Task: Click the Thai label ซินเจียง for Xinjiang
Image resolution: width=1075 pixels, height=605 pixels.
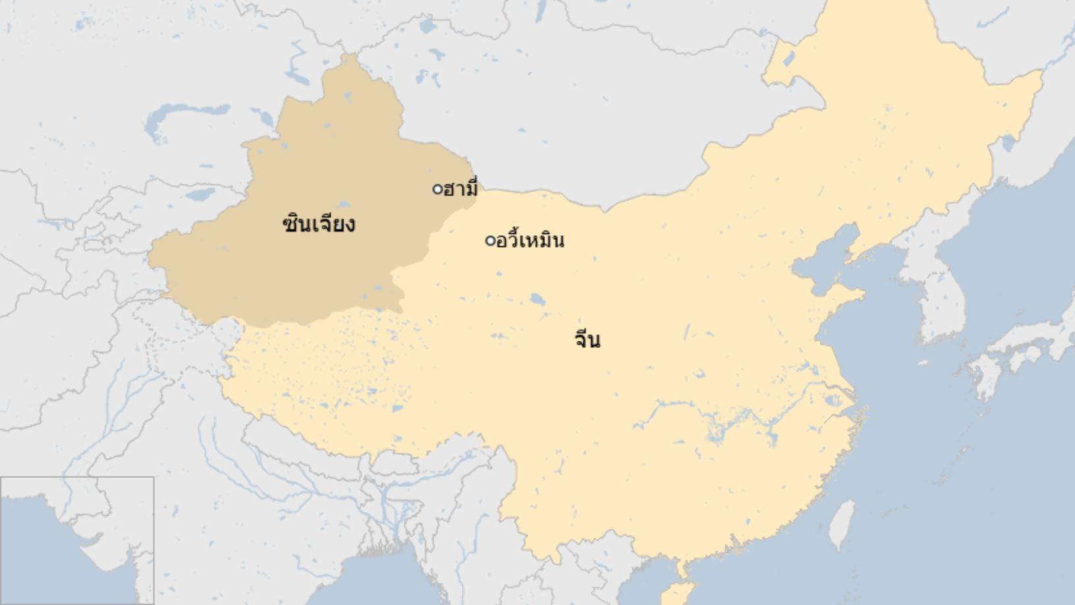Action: coord(319,225)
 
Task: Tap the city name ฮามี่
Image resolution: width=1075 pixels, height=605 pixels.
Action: coord(460,189)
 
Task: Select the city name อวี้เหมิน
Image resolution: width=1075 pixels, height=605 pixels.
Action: coord(530,241)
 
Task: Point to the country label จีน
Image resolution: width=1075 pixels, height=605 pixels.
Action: coord(587,340)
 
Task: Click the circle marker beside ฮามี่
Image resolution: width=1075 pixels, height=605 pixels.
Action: coord(437,190)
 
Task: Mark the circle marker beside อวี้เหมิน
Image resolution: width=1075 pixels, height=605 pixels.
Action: coord(489,241)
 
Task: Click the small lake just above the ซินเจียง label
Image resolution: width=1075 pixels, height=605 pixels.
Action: coord(343,205)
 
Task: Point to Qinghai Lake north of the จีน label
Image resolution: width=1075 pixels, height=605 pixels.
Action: coord(537,300)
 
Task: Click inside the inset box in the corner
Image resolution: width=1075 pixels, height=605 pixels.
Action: coord(76,540)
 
